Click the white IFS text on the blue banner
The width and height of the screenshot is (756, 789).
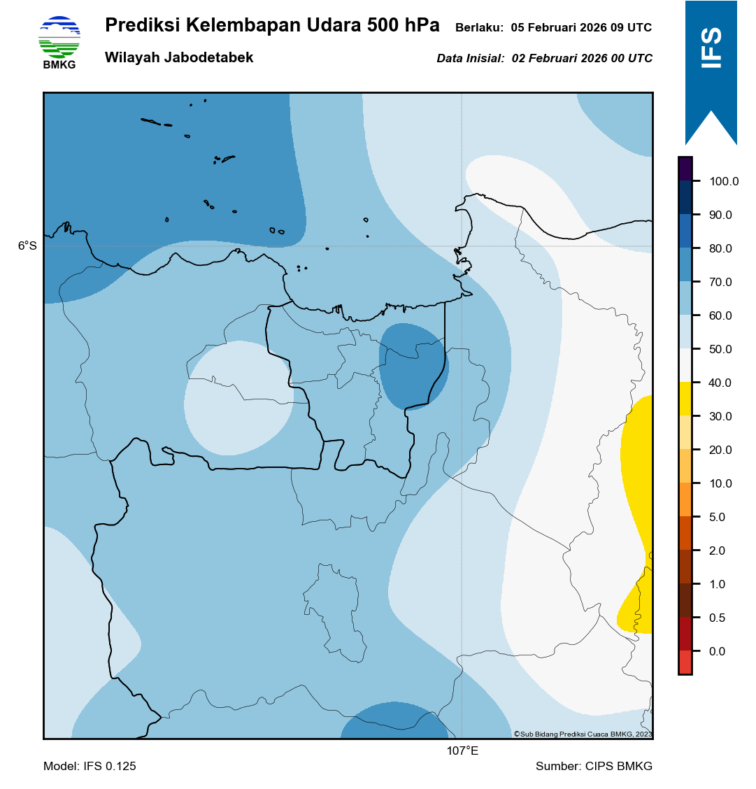pos(711,48)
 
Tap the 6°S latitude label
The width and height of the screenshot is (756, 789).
pos(27,246)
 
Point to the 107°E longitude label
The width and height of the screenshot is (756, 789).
pos(462,751)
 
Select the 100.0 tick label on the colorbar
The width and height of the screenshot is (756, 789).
pos(724,181)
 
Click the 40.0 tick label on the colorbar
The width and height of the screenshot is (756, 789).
pos(720,383)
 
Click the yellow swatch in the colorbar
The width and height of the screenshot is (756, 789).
pos(685,399)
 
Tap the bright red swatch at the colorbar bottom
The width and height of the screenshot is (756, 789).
pos(685,662)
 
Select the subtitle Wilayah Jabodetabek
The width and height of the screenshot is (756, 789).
pos(179,58)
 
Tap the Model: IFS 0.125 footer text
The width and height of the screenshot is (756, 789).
pos(90,766)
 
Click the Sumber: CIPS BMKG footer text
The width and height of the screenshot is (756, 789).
pos(594,766)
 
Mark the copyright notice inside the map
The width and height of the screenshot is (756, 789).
pos(583,734)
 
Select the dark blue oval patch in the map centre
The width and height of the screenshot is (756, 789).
pos(413,366)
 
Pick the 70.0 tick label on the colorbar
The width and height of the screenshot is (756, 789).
pos(720,282)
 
